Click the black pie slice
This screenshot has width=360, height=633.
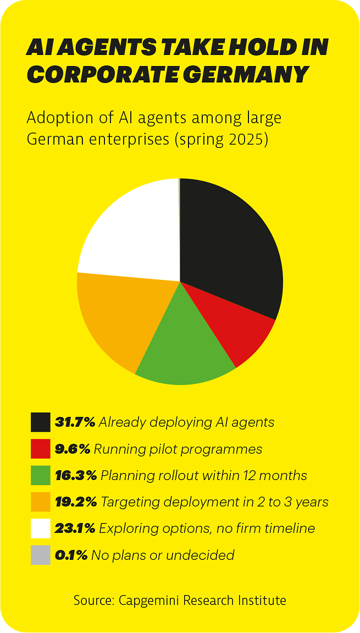(231, 247)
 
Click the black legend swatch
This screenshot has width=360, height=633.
(41, 422)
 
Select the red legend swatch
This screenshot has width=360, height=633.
(41, 449)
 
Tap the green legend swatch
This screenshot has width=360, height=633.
(41, 475)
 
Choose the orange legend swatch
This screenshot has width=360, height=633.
(41, 502)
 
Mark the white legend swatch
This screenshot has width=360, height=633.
(41, 529)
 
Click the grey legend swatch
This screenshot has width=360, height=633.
(41, 555)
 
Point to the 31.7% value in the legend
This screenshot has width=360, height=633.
(75, 422)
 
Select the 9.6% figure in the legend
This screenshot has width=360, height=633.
(73, 449)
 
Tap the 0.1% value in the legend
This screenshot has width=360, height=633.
(71, 555)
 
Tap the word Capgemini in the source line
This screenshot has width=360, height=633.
(146, 600)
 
